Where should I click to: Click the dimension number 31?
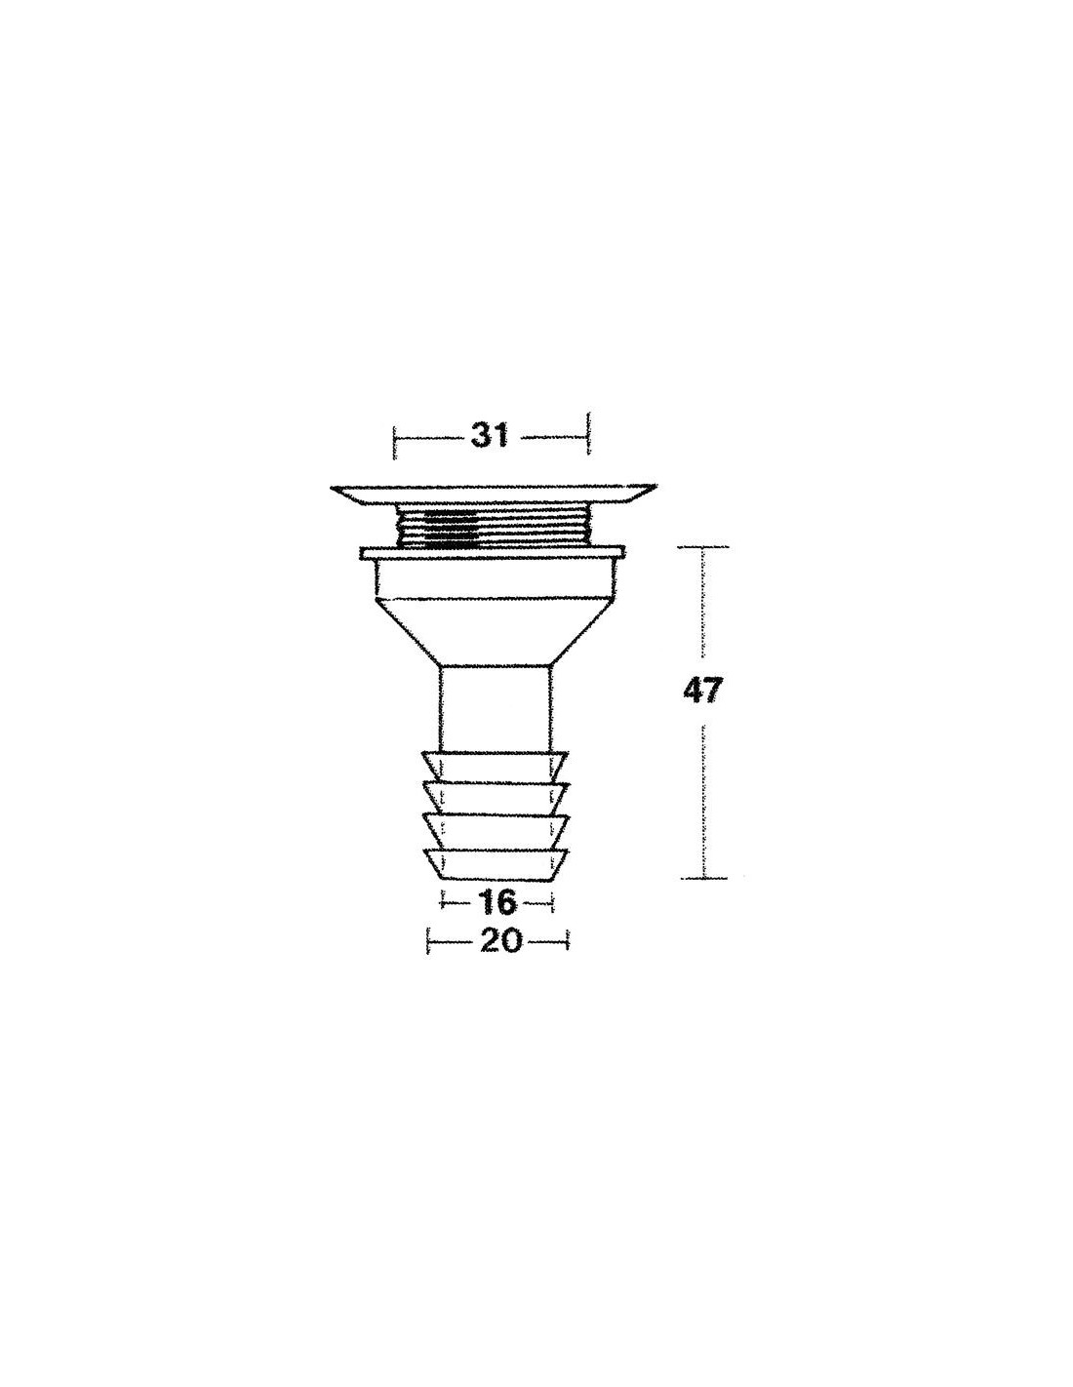point(490,437)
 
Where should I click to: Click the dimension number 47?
point(702,692)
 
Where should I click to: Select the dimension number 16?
point(496,902)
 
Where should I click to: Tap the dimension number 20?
point(500,941)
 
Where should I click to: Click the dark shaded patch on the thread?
point(450,530)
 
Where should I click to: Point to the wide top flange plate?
point(494,494)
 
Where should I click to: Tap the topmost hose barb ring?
point(495,768)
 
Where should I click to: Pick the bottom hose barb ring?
point(496,865)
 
